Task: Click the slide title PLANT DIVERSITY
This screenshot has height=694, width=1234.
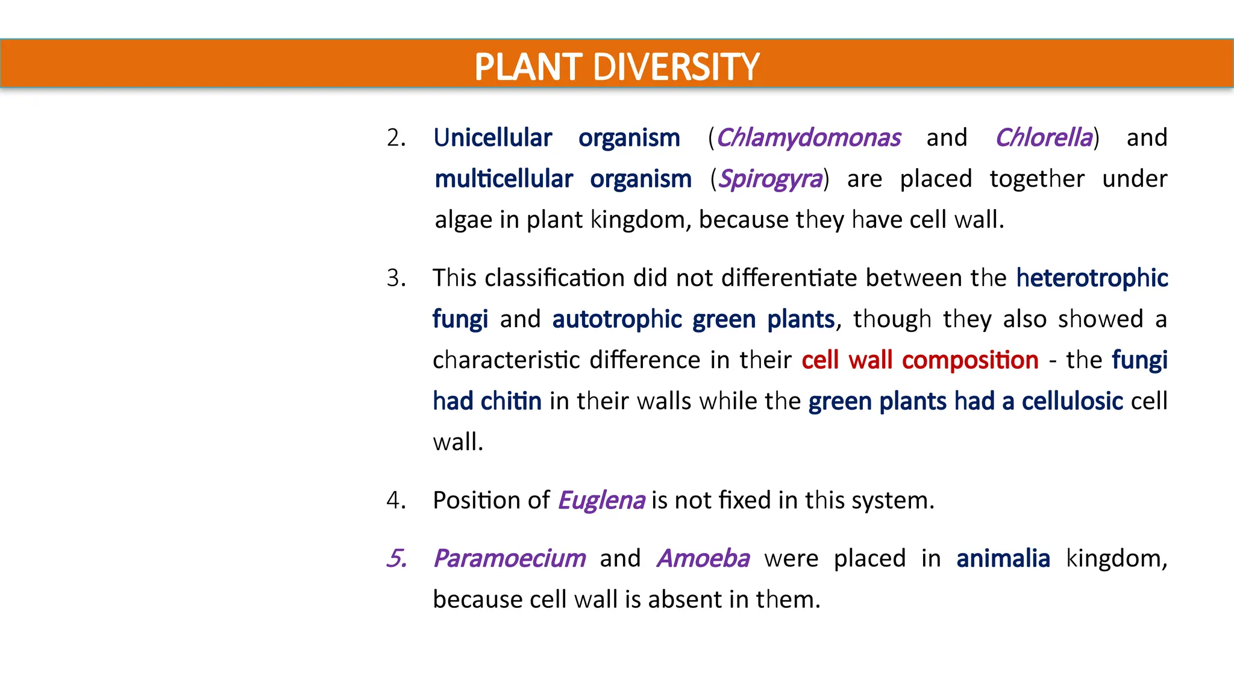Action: tap(616, 66)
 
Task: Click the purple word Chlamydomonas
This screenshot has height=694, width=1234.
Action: tap(808, 138)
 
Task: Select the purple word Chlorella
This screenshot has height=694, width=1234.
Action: tap(1044, 138)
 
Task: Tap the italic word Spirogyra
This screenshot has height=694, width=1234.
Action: tap(770, 179)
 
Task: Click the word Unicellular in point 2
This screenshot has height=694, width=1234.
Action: tap(492, 138)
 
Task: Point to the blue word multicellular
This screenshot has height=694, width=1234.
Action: tap(504, 179)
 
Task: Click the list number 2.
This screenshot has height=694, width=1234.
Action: tap(396, 138)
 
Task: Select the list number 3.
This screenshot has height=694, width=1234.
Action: tap(396, 278)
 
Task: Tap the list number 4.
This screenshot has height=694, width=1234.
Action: tap(396, 501)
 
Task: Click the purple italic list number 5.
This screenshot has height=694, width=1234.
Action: tap(396, 558)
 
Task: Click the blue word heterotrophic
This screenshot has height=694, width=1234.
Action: tap(1092, 278)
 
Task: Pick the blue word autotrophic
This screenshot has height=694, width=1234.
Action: tap(617, 319)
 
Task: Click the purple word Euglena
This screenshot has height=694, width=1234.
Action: tap(601, 501)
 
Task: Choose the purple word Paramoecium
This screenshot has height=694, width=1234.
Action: tap(509, 558)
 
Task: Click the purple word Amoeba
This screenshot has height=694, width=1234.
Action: tap(703, 558)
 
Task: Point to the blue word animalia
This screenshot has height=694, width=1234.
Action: tap(1003, 558)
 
